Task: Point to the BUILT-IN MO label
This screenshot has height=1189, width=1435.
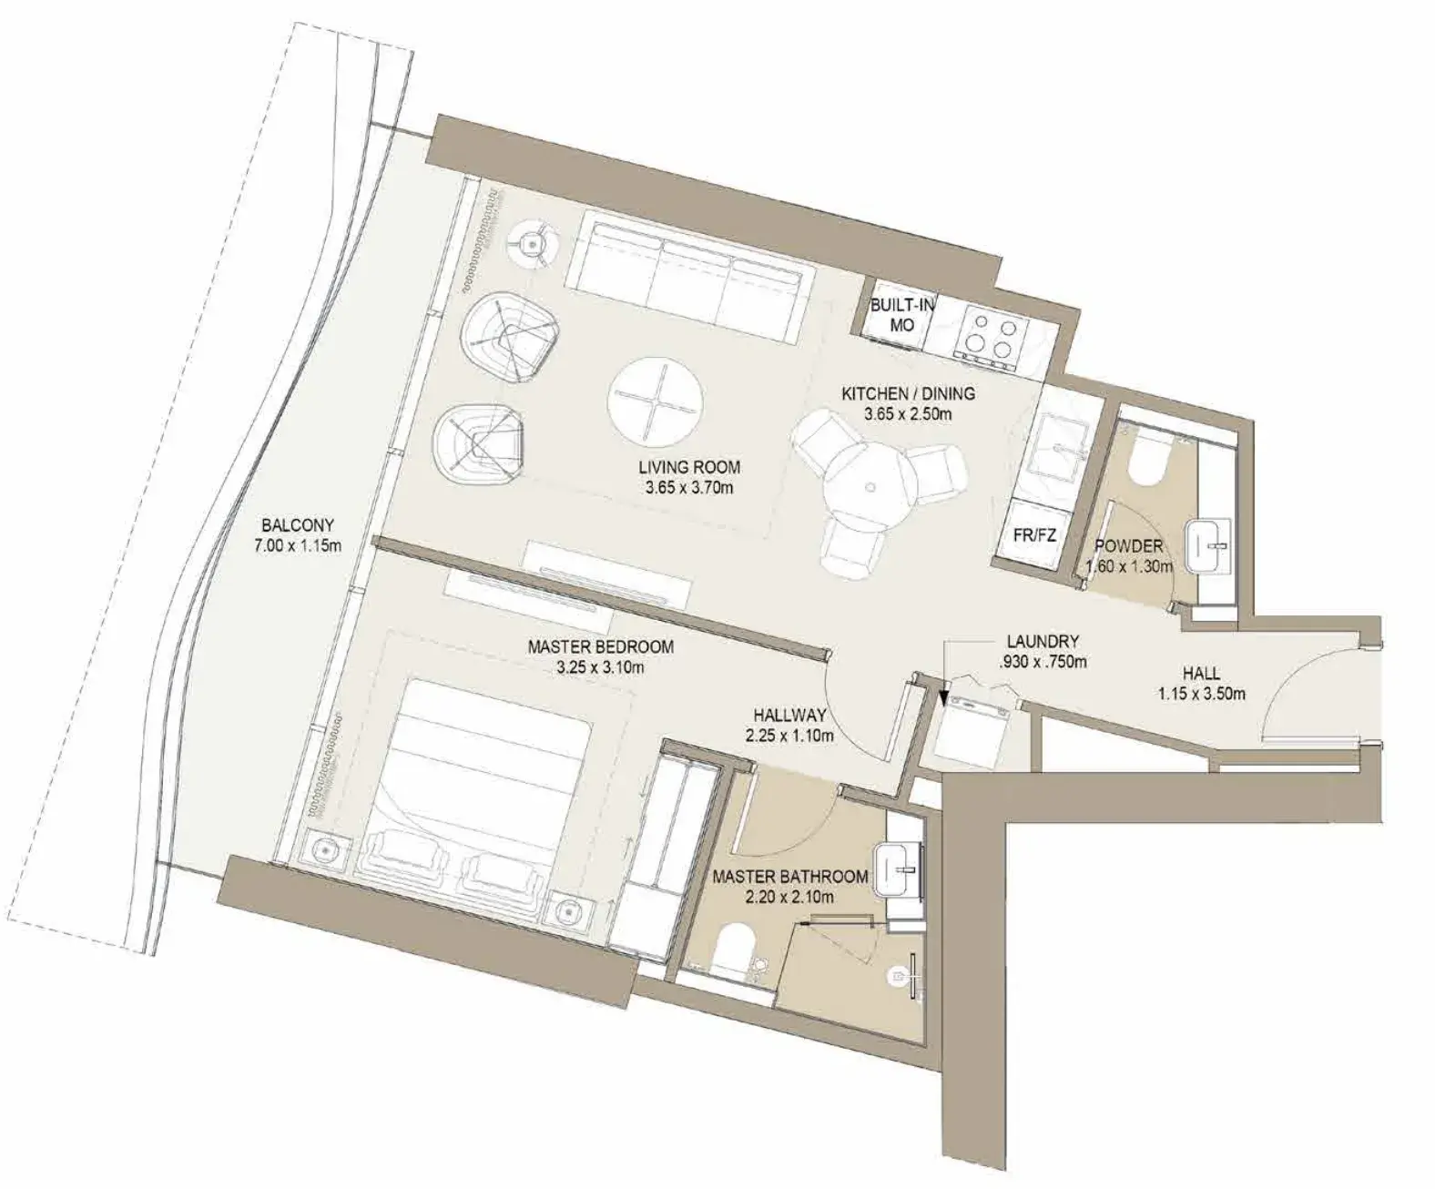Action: coord(902,315)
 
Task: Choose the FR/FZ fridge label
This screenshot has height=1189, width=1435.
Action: coord(1034,534)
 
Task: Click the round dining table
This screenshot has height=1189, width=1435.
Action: coord(870,486)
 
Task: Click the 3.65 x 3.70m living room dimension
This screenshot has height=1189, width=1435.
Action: coord(689,489)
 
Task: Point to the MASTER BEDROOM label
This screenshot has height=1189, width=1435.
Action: coord(601,646)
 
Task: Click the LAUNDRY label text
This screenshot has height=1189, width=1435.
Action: coord(1043,641)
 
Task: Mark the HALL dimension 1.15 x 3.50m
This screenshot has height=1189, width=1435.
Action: coord(1201,694)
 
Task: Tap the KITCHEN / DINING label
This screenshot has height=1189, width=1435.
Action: coord(908,394)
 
